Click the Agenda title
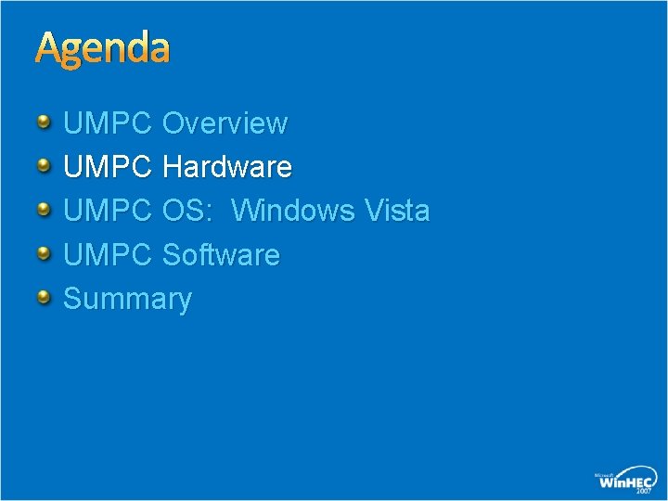tap(103, 49)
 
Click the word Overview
tap(225, 122)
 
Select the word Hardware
tap(226, 167)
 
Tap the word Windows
tap(292, 211)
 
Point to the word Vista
tap(397, 211)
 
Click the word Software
tap(221, 254)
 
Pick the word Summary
tap(127, 300)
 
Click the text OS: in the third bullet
tap(190, 211)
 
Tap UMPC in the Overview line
tap(107, 122)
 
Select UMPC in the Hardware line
tap(107, 167)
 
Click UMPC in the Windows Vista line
tap(107, 211)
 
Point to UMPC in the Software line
tap(107, 254)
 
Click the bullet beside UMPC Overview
tap(45, 121)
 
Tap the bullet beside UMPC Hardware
tap(45, 165)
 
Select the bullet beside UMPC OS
tap(45, 209)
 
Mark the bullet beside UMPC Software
tap(45, 252)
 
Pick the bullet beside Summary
tap(45, 297)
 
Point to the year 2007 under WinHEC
tap(643, 492)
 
